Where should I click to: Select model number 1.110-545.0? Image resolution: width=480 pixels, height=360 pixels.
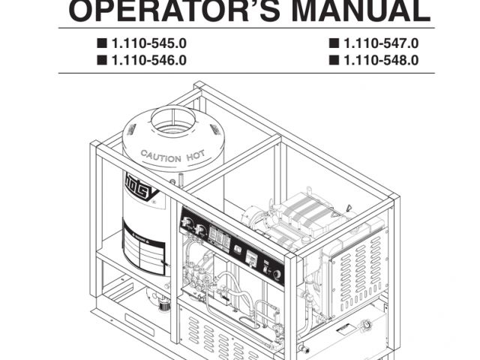(x=148, y=44)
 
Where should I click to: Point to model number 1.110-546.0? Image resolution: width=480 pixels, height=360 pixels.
(x=148, y=60)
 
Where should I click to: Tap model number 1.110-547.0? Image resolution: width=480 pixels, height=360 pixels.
(x=380, y=44)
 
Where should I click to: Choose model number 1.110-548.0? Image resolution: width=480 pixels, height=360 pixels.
(x=380, y=60)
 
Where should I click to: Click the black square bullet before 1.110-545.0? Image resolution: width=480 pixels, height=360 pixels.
(x=100, y=44)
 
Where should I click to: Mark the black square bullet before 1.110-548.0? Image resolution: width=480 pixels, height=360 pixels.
(x=332, y=60)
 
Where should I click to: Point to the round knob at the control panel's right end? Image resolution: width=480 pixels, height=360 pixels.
(x=278, y=274)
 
